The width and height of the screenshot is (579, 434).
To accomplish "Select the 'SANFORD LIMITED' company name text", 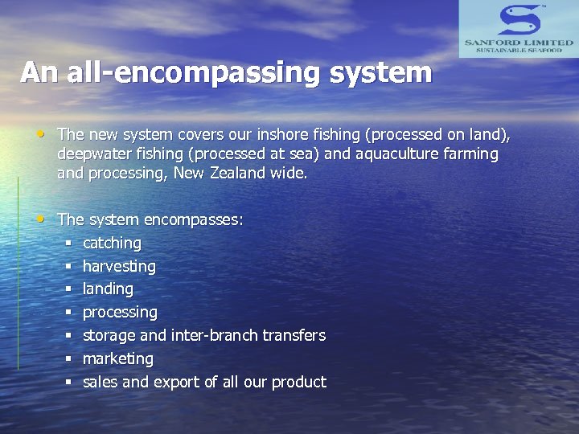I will click(x=519, y=42).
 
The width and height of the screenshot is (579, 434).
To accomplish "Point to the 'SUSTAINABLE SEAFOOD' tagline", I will click(x=519, y=51).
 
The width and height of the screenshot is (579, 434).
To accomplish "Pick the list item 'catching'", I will click(x=112, y=243).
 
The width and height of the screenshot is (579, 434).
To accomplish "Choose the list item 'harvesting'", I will click(x=119, y=266).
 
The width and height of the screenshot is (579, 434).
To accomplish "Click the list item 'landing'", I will click(x=108, y=289).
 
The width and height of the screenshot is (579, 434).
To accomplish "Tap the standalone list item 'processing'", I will click(x=120, y=312).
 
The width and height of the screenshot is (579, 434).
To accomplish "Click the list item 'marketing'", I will click(x=117, y=358).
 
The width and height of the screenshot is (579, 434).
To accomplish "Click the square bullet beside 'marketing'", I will click(x=70, y=358).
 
